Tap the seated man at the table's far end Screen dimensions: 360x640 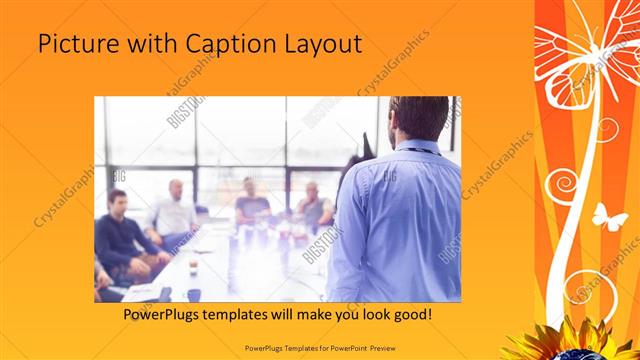(x=251, y=200)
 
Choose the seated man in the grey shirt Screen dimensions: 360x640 (x=313, y=205)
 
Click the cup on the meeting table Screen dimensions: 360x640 (x=193, y=267)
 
